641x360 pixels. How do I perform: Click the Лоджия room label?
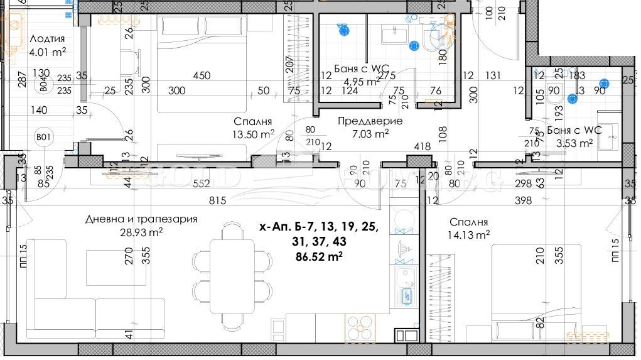(x=47, y=38)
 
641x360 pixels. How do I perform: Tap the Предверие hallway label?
(x=370, y=121)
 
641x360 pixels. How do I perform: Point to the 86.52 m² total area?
(x=318, y=256)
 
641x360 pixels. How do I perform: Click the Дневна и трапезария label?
(x=141, y=219)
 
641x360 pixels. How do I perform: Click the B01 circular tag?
(x=43, y=136)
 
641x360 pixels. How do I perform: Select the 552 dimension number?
(x=200, y=183)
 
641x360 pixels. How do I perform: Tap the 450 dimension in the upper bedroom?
(x=201, y=75)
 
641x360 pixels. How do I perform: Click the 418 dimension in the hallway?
(x=422, y=147)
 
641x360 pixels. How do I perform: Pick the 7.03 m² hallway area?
(x=370, y=133)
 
